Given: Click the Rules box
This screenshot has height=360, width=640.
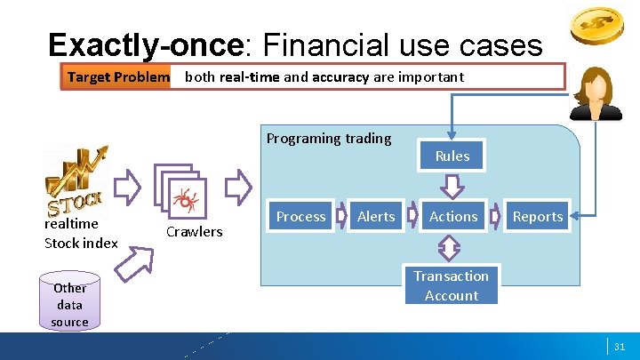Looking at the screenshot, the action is [x=452, y=156].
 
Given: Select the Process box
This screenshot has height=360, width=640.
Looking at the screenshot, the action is [x=301, y=216].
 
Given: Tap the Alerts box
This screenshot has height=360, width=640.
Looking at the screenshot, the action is [x=376, y=216].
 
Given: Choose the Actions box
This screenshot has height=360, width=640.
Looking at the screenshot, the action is [x=453, y=216].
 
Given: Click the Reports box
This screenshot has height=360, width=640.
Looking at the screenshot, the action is [x=538, y=216].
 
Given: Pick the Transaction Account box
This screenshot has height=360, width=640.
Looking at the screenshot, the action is [x=452, y=286].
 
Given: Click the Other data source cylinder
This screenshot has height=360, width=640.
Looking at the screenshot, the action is [x=69, y=303].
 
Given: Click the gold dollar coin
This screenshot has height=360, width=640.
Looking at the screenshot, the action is [x=596, y=28].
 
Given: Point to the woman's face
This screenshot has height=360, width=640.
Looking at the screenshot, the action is [x=595, y=86].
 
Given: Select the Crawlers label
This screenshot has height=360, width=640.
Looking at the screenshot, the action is [x=195, y=232].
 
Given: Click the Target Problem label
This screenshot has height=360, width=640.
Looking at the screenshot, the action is [x=118, y=76].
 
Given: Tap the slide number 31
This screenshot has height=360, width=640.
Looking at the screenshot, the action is [x=620, y=346].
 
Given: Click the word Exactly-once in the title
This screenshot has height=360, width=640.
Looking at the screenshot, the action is [x=145, y=44].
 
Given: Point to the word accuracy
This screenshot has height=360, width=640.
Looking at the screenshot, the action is [x=340, y=76].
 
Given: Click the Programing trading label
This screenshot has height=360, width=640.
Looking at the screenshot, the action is [x=329, y=138].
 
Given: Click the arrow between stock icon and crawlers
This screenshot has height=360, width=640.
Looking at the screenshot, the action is [x=129, y=187].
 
